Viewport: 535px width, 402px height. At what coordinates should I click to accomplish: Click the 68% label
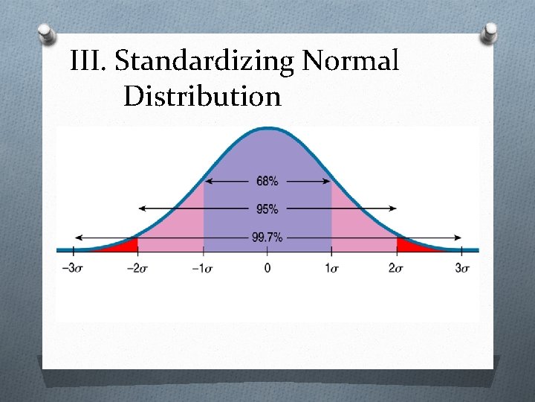(267, 181)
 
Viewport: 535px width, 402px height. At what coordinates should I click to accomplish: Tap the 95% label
(267, 209)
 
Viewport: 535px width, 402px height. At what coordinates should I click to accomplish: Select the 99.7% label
(267, 237)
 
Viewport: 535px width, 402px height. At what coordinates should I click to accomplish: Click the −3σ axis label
(72, 268)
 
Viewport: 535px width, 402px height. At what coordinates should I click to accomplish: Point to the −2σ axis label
(137, 268)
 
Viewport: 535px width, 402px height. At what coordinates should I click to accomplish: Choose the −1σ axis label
(202, 268)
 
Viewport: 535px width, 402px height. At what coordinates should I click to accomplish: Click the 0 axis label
(267, 268)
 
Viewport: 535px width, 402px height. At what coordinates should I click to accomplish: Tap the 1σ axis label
(332, 268)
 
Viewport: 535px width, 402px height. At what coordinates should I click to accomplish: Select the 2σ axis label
(397, 268)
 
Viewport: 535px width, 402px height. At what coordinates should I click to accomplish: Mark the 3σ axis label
(461, 268)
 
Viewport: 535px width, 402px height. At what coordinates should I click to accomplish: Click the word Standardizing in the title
(206, 62)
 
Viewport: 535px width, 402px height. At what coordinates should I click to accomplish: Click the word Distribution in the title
(203, 96)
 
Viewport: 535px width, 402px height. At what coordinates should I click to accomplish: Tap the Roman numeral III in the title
(88, 60)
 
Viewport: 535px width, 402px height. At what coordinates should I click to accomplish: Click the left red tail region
(126, 245)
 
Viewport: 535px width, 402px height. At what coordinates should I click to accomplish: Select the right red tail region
(408, 245)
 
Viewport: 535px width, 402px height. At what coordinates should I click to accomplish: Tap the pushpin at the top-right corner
(490, 32)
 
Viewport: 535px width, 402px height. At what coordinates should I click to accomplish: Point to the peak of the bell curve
(267, 130)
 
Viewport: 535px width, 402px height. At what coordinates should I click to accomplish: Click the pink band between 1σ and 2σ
(360, 223)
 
